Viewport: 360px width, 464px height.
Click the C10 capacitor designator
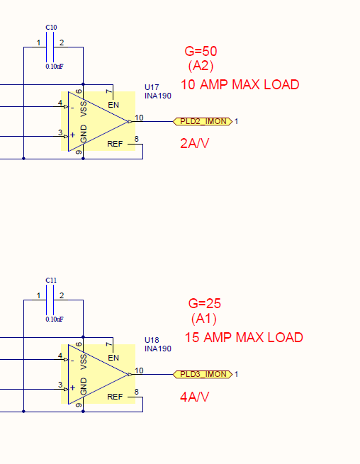pos(51,27)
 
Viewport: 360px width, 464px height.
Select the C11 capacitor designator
pos(51,280)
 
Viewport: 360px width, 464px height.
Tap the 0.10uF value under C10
pos(55,67)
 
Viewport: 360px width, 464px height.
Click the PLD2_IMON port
pos(203,121)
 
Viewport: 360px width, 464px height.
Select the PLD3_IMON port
pos(203,374)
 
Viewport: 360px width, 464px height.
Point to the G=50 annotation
pos(201,51)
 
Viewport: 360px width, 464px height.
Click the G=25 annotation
pos(205,304)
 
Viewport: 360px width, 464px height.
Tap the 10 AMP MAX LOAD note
pos(240,84)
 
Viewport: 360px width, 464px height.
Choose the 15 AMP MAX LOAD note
pos(244,337)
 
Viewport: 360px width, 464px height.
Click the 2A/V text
pos(194,144)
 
